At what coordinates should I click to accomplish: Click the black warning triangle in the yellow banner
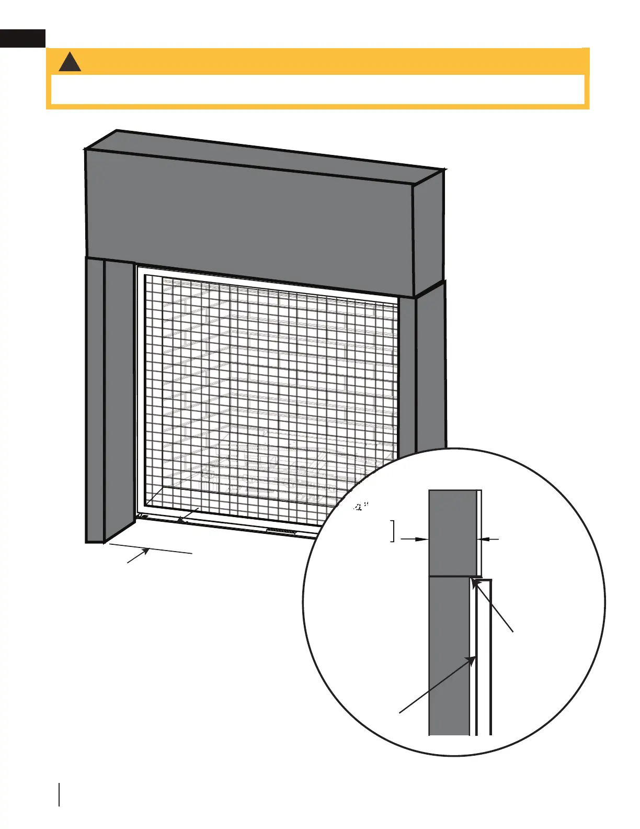[70, 63]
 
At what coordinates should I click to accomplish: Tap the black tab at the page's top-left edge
[22, 39]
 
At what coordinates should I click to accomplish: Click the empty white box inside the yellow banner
[317, 90]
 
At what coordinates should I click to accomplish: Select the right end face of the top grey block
[428, 236]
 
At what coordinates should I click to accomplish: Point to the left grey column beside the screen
[110, 398]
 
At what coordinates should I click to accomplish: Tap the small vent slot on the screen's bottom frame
[282, 531]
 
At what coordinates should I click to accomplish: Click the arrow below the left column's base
[139, 556]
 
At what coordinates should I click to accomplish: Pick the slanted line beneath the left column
[152, 548]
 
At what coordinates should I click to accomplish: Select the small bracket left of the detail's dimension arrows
[393, 531]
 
